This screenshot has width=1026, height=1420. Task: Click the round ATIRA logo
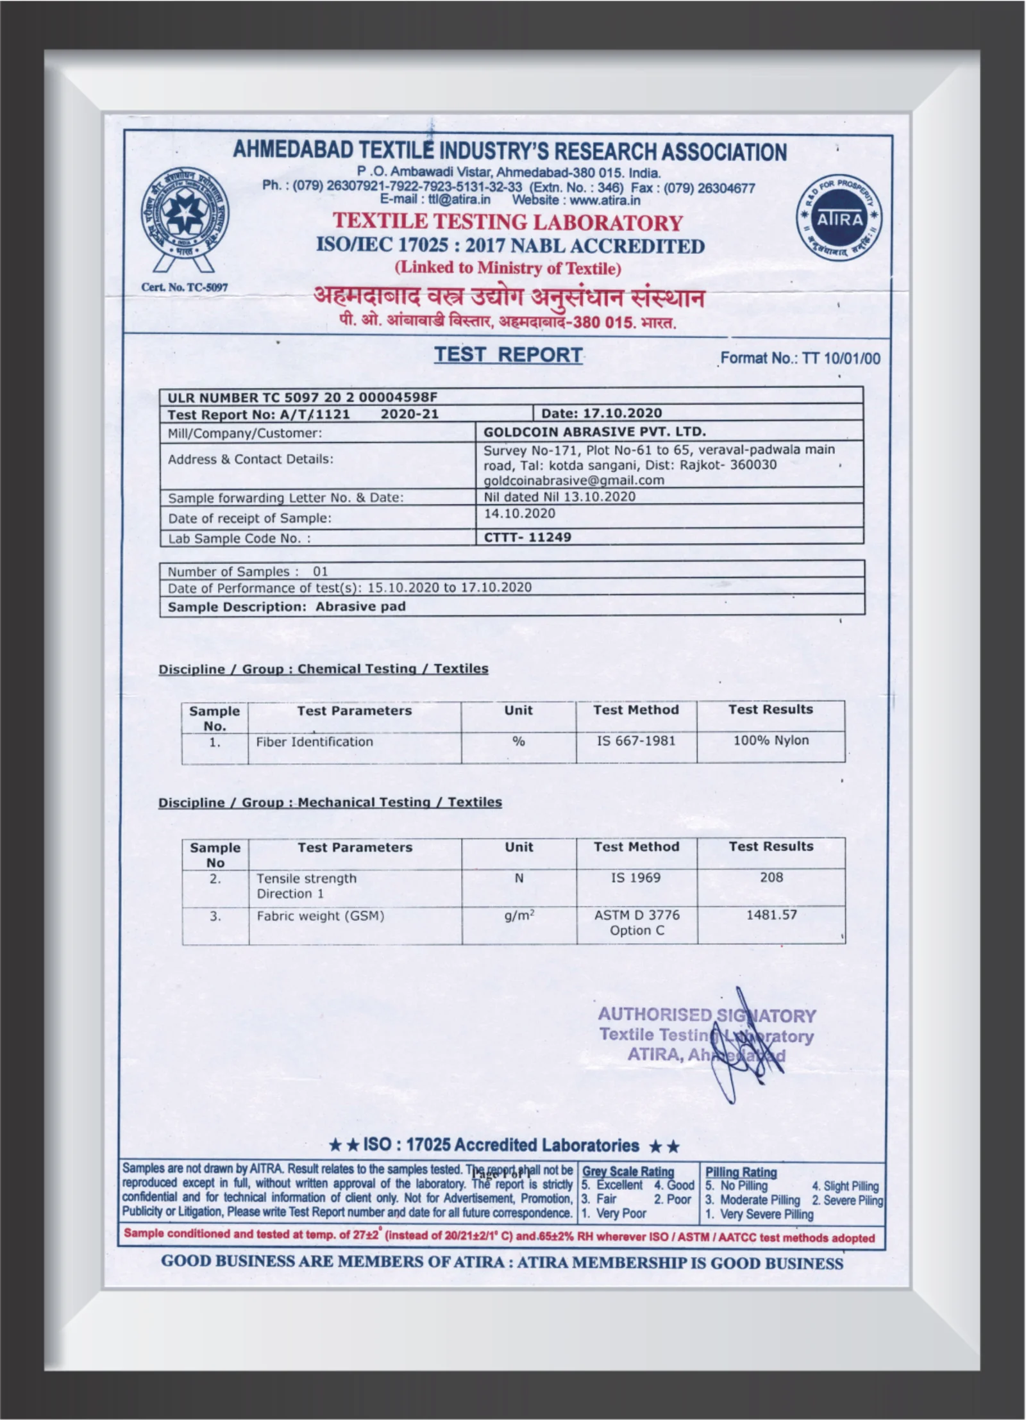pos(839,219)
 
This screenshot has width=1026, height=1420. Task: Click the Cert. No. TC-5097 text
pos(184,287)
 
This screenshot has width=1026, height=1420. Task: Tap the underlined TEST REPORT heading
pos(508,355)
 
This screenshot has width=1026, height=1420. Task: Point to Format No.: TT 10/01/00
pos(800,358)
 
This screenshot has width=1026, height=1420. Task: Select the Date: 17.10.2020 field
pos(601,413)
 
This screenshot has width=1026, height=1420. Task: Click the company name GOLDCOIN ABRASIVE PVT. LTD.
pos(594,431)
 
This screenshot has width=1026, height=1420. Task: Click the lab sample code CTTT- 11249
pos(527,537)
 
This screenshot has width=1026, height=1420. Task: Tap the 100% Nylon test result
pos(771,740)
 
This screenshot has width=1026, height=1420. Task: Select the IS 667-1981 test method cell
pos(636,741)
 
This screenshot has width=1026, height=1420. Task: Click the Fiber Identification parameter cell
pos(314,742)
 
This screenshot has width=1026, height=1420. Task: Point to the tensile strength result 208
pos(771,877)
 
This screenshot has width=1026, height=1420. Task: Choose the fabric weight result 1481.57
pos(771,915)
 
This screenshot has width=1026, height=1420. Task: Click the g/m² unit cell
pos(519,915)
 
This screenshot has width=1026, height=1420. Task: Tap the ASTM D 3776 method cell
pos(637,922)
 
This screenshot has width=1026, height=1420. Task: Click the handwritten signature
pos(744,1051)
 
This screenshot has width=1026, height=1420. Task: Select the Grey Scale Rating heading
pos(628,1171)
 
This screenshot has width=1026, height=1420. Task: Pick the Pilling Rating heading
pos(741,1172)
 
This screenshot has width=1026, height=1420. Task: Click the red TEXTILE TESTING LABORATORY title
pos(507,222)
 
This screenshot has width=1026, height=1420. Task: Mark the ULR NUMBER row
pos(302,397)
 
